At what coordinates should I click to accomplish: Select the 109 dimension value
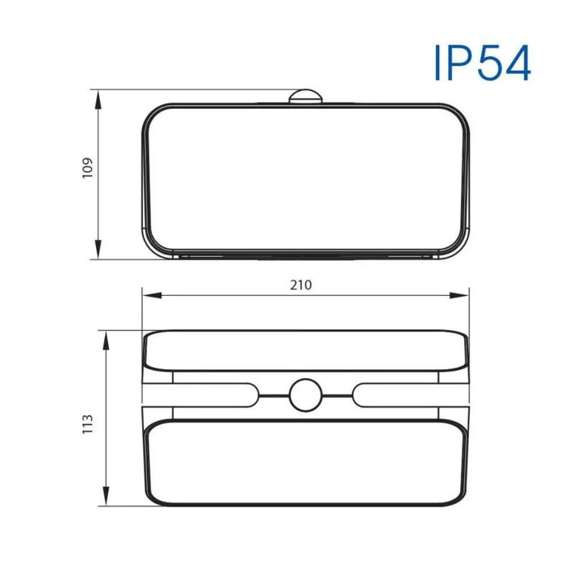pos(89,167)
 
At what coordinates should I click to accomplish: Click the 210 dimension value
pos(301,284)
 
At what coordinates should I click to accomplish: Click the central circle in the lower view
pos(306,396)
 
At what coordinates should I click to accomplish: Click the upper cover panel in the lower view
pos(306,350)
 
